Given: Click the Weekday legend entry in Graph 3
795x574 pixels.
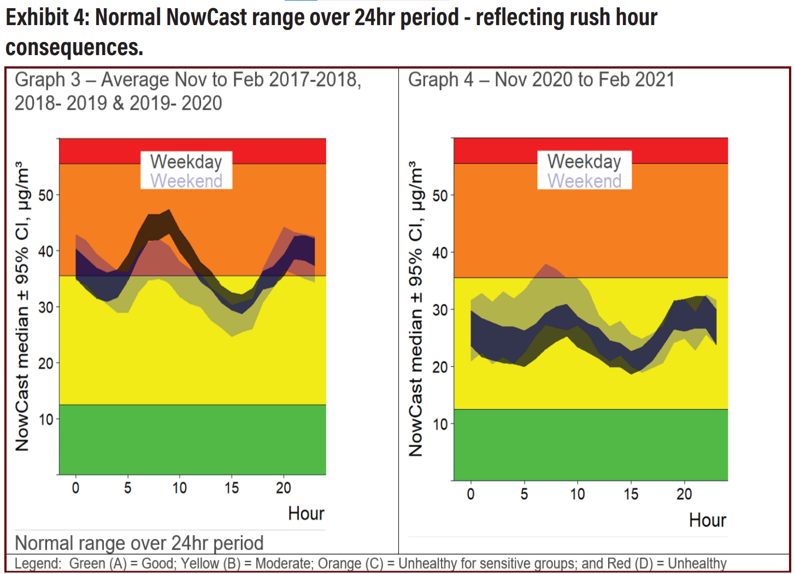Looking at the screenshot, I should (x=186, y=162).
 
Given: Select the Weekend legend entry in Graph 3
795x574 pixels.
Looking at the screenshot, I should (x=186, y=181).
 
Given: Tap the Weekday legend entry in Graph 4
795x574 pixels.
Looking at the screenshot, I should (x=584, y=162).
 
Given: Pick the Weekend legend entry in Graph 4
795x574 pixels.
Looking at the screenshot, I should (x=584, y=181).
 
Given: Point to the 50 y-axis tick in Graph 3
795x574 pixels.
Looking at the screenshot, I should (x=46, y=195).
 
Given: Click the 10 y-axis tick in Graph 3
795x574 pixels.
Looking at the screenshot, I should (x=46, y=420).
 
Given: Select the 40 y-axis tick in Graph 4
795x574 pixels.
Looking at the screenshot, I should (x=440, y=253).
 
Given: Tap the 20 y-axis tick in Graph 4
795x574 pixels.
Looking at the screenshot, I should (x=440, y=367).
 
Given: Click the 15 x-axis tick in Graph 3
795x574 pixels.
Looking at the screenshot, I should (x=231, y=488).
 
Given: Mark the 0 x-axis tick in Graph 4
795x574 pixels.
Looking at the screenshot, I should (x=470, y=494).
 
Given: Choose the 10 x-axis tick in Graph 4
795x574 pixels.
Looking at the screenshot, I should (x=577, y=494).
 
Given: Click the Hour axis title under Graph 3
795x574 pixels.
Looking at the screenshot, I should (x=306, y=513).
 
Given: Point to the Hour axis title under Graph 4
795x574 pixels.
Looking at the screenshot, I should (x=707, y=520).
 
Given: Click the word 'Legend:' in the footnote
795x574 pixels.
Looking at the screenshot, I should (x=38, y=564).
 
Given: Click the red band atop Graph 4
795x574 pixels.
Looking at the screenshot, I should (x=591, y=151).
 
